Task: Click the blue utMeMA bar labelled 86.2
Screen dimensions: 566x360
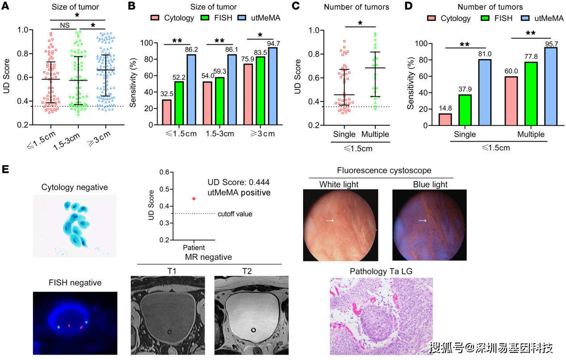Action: [x=191, y=89]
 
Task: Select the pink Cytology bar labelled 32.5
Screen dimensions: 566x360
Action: [x=167, y=112]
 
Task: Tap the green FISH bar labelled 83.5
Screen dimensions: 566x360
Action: [x=261, y=91]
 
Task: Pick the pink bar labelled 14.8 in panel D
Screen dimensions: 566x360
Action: [x=445, y=119]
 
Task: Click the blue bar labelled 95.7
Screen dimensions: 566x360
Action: [x=551, y=86]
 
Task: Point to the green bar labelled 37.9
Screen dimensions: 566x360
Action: [x=465, y=110]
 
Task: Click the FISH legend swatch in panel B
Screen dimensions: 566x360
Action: [x=205, y=18]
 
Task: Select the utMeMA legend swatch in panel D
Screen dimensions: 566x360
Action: [x=525, y=18]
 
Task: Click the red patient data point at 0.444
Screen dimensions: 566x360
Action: [x=194, y=199]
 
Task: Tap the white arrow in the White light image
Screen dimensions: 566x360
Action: [x=330, y=221]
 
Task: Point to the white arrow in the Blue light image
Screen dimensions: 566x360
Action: [x=422, y=221]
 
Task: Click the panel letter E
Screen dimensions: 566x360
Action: [x=5, y=169]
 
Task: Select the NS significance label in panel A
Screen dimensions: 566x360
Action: [x=65, y=25]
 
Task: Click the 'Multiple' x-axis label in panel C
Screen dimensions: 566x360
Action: [x=375, y=134]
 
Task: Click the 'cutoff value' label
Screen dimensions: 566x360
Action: [x=235, y=214]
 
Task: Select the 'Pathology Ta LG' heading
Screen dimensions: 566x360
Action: [x=381, y=272]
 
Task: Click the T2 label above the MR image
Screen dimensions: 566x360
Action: [x=247, y=271]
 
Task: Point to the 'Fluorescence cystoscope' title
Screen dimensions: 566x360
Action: [x=384, y=170]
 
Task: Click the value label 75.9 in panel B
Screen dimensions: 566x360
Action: [x=248, y=59]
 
